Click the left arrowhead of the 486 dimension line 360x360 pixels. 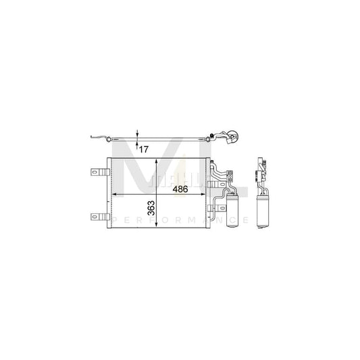[113, 194]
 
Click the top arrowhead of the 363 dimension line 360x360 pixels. [157, 161]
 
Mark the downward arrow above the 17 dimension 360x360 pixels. [137, 136]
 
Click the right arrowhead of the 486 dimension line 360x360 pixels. [206, 194]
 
